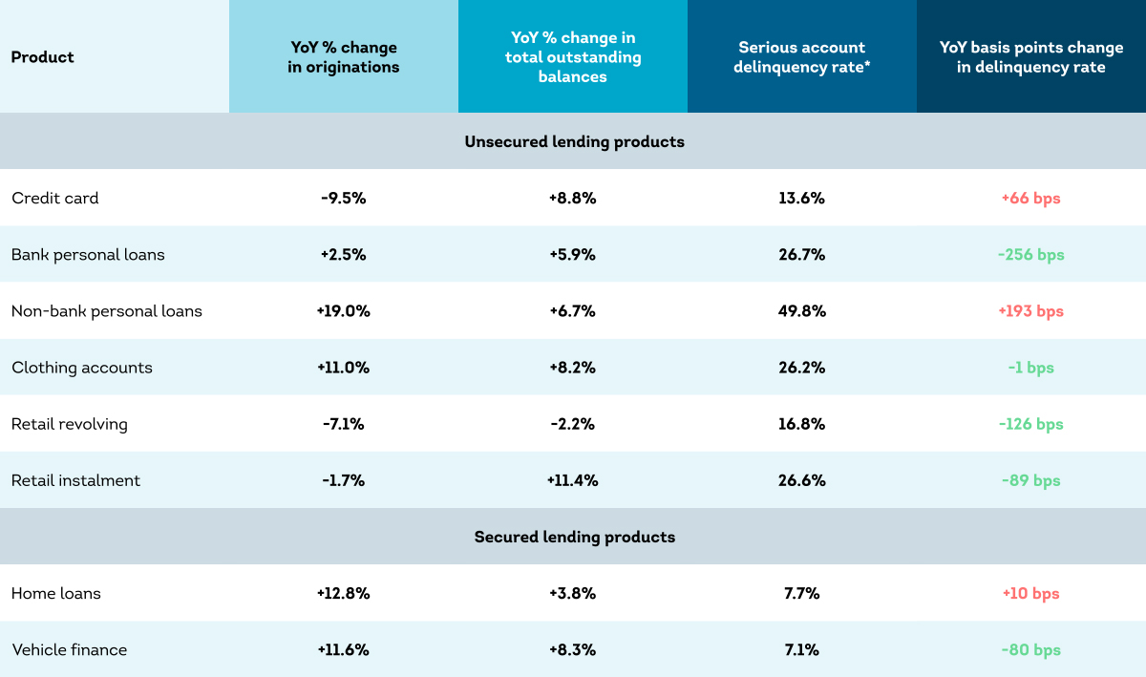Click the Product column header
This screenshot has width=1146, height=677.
[x=42, y=56]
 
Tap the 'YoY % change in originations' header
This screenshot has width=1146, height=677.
[x=343, y=56]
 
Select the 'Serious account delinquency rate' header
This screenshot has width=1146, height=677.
[x=801, y=56]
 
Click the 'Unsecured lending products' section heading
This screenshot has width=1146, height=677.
[x=574, y=141]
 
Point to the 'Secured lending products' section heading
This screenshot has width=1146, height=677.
[x=574, y=537]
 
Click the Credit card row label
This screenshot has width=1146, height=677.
[x=54, y=198]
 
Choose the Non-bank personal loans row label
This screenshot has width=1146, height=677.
[x=106, y=310]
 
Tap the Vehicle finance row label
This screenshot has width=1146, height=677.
[x=69, y=649]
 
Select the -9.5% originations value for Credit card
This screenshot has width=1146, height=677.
[x=343, y=198]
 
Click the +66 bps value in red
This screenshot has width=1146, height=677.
[x=1030, y=198]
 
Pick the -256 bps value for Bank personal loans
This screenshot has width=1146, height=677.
[x=1030, y=254]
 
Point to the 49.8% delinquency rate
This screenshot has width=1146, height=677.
[x=801, y=310]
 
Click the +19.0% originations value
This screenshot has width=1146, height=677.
[x=343, y=310]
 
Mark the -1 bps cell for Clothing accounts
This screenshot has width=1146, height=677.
[x=1030, y=368]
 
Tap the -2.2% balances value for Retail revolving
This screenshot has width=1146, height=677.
[x=572, y=424]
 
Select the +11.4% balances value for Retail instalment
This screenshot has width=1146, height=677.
[x=572, y=480]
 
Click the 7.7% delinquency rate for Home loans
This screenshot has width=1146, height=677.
[x=801, y=593]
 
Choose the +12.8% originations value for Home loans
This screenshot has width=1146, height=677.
[x=343, y=593]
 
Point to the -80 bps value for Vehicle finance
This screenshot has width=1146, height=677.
[x=1030, y=649]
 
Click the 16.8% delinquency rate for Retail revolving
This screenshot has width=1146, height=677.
[x=801, y=424]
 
